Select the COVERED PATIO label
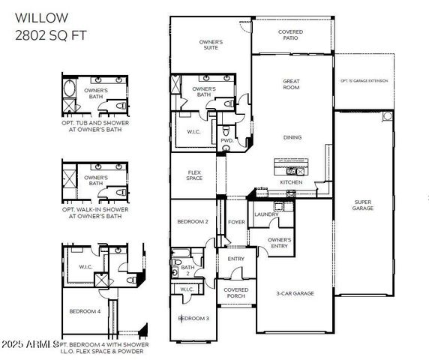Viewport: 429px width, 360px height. (290, 36)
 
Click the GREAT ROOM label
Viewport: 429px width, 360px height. (291, 84)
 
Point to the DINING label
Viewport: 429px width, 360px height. (292, 137)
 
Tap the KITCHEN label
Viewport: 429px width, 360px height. (291, 182)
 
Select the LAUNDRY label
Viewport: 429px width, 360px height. (266, 214)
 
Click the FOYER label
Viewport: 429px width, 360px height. (237, 222)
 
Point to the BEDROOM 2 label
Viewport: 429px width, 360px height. (192, 222)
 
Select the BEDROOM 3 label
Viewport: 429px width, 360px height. (193, 319)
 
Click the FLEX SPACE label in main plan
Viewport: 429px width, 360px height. (195, 175)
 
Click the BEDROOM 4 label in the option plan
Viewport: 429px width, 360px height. (85, 311)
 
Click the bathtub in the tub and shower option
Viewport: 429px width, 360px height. (70, 89)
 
